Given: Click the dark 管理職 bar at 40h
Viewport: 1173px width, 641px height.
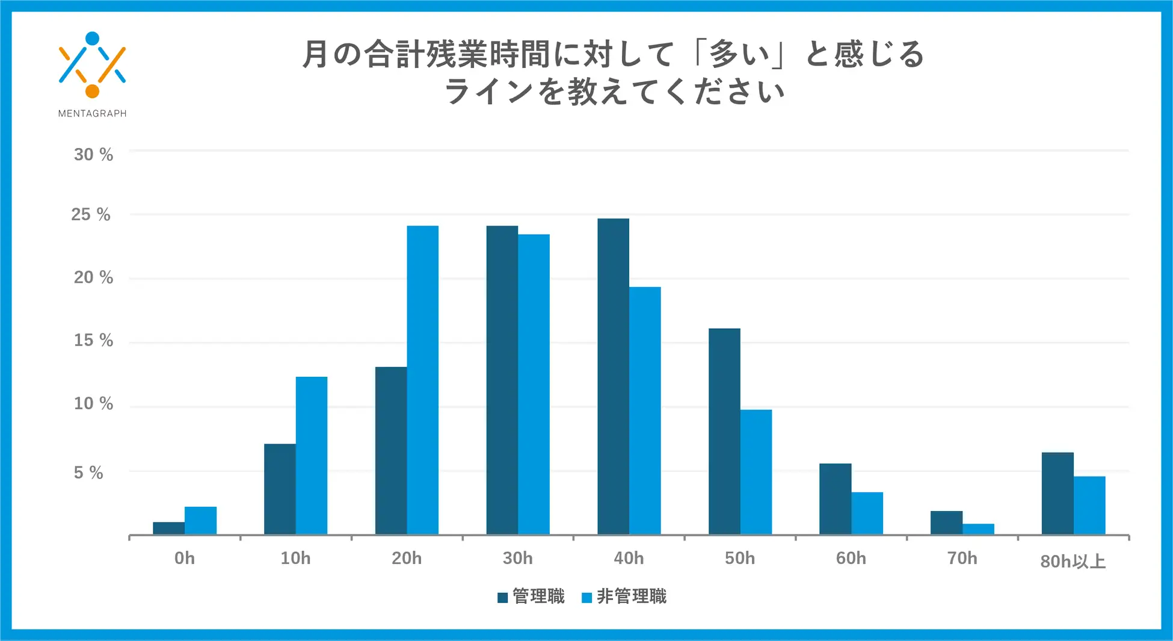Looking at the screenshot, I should pyautogui.click(x=613, y=376).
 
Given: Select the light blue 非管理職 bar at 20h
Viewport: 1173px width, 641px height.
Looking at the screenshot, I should pyautogui.click(x=422, y=380).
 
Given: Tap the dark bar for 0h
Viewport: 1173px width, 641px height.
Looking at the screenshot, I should pyautogui.click(x=168, y=528).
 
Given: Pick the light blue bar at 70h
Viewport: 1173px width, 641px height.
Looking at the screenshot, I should pyautogui.click(x=978, y=529).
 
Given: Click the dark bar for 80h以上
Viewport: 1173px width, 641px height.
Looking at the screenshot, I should pyautogui.click(x=1057, y=493).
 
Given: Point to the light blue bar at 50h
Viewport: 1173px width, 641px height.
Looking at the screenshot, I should pyautogui.click(x=756, y=472).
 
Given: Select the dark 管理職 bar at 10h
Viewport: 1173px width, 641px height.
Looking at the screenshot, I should pyautogui.click(x=280, y=489).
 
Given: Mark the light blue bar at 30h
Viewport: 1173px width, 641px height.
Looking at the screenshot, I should pyautogui.click(x=534, y=384).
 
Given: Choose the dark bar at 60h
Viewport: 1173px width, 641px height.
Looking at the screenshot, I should pyautogui.click(x=835, y=498).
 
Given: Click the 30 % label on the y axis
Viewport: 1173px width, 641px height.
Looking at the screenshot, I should pyautogui.click(x=93, y=155).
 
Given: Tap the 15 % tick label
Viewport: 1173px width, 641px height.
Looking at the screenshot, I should pyautogui.click(x=93, y=340).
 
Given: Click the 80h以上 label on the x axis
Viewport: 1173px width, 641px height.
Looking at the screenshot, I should pyautogui.click(x=1073, y=561).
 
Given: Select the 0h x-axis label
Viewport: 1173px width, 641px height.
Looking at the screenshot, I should pyautogui.click(x=185, y=558).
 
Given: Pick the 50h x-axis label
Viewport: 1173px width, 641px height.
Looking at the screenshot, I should pyautogui.click(x=739, y=558).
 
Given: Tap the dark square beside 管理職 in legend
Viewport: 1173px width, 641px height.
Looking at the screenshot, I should pyautogui.click(x=503, y=597).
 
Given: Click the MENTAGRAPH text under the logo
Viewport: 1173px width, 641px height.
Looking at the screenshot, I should pyautogui.click(x=92, y=113).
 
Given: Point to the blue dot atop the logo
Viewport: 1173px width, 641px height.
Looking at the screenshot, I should pyautogui.click(x=92, y=39).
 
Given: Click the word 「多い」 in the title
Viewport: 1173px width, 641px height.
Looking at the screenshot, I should pyautogui.click(x=739, y=54).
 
